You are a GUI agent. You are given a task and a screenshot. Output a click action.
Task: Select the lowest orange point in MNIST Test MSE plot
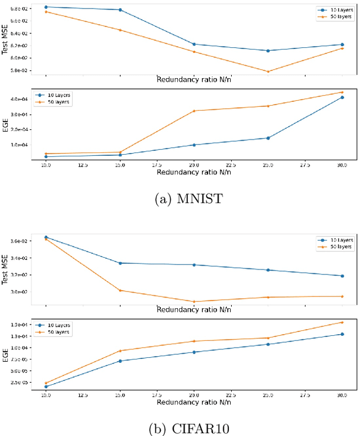268,71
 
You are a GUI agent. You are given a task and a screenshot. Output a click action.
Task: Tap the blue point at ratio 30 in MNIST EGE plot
343,97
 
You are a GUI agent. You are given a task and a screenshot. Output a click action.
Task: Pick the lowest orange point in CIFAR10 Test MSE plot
194,302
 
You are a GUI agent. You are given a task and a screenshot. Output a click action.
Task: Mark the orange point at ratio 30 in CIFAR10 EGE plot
343,322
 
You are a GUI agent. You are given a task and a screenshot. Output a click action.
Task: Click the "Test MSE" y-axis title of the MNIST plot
5,41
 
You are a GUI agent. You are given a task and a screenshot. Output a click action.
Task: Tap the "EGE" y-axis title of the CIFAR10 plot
5,354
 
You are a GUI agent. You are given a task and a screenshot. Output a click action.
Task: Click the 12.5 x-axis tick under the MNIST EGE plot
83,166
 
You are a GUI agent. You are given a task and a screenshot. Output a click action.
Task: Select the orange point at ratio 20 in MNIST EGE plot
194,111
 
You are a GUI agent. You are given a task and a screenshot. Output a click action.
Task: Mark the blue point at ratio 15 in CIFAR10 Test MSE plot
120,263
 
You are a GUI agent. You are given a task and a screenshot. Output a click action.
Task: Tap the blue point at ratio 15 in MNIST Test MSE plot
120,10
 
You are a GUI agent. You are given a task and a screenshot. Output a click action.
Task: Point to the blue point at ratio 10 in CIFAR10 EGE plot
46,386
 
